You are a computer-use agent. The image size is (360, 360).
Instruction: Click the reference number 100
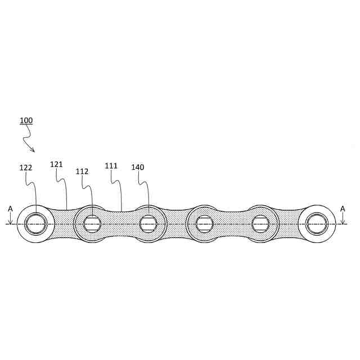pyautogui.click(x=26, y=121)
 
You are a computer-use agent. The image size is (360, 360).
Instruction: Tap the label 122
pyautogui.click(x=25, y=168)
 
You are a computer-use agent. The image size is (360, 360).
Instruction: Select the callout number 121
pyautogui.click(x=56, y=164)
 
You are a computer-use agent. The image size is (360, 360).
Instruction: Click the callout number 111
pyautogui.click(x=111, y=166)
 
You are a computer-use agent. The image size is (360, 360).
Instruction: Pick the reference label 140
pyautogui.click(x=138, y=167)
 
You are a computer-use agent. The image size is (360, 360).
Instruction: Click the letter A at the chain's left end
pyautogui.click(x=10, y=209)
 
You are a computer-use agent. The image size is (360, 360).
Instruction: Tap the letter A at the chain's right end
pyautogui.click(x=343, y=209)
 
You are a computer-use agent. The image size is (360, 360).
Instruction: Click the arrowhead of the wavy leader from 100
pyautogui.click(x=33, y=150)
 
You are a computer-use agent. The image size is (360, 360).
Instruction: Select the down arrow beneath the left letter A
pyautogui.click(x=10, y=219)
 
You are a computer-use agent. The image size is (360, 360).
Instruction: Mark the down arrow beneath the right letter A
pyautogui.click(x=343, y=219)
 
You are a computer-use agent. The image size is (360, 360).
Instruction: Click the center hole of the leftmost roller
pyautogui.click(x=36, y=223)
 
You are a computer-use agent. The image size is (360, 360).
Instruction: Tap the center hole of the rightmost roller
pyautogui.click(x=317, y=223)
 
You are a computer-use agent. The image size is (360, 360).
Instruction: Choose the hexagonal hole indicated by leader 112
pyautogui.click(x=92, y=224)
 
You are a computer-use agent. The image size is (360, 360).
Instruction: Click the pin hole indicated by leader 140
pyautogui.click(x=148, y=224)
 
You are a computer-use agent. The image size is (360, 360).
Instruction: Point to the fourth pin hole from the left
pyautogui.click(x=205, y=224)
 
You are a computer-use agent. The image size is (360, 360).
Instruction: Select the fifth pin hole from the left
pyautogui.click(x=260, y=224)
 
